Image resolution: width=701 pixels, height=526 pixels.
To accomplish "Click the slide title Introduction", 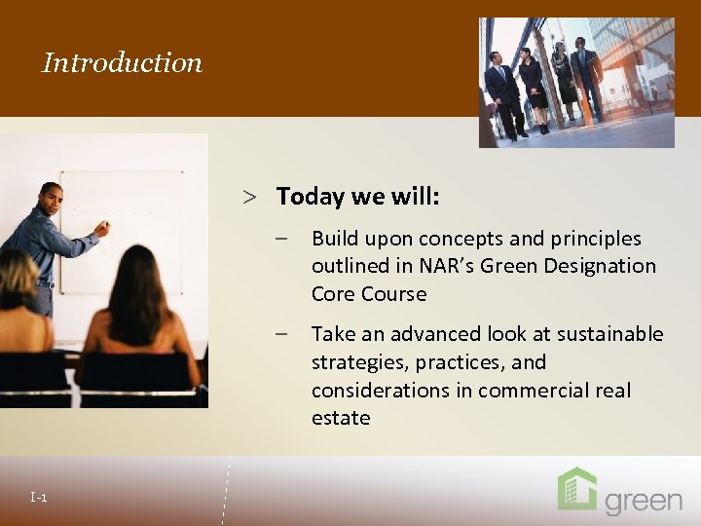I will coord(123,63).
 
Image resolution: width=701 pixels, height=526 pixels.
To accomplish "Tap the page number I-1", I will coord(39,499).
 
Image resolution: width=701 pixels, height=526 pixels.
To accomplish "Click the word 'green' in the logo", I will coord(644,501).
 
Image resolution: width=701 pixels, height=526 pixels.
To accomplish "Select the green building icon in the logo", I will coord(576,489).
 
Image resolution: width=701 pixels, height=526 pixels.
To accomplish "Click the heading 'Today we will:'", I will coord(358,197).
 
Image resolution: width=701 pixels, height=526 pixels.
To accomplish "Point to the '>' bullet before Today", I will coord(250,198).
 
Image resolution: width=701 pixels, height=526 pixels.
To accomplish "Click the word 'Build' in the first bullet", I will coord(334,239).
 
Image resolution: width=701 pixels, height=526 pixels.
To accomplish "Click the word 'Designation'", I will coord(604,266).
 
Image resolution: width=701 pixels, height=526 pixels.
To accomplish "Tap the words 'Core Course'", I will coord(369,294).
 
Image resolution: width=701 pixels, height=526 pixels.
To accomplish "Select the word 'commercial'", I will coord(525,391).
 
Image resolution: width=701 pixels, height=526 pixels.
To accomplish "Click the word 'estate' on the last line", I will coord(341,418).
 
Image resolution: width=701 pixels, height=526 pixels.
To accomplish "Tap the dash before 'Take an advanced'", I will coord(280,334).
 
